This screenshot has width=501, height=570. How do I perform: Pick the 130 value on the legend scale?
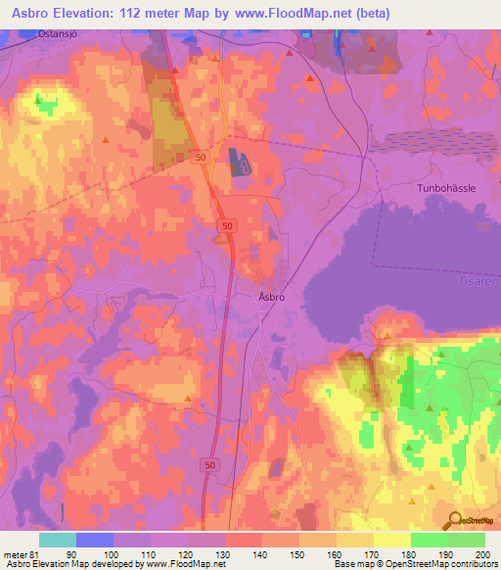point(226,554)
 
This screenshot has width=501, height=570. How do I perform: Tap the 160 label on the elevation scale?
point(338,554)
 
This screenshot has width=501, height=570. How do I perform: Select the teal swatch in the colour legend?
point(58,540)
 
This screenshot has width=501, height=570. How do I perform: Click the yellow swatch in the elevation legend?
point(392,540)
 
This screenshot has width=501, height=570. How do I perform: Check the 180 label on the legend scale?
point(411,554)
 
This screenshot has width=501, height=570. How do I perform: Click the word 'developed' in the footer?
point(115,565)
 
